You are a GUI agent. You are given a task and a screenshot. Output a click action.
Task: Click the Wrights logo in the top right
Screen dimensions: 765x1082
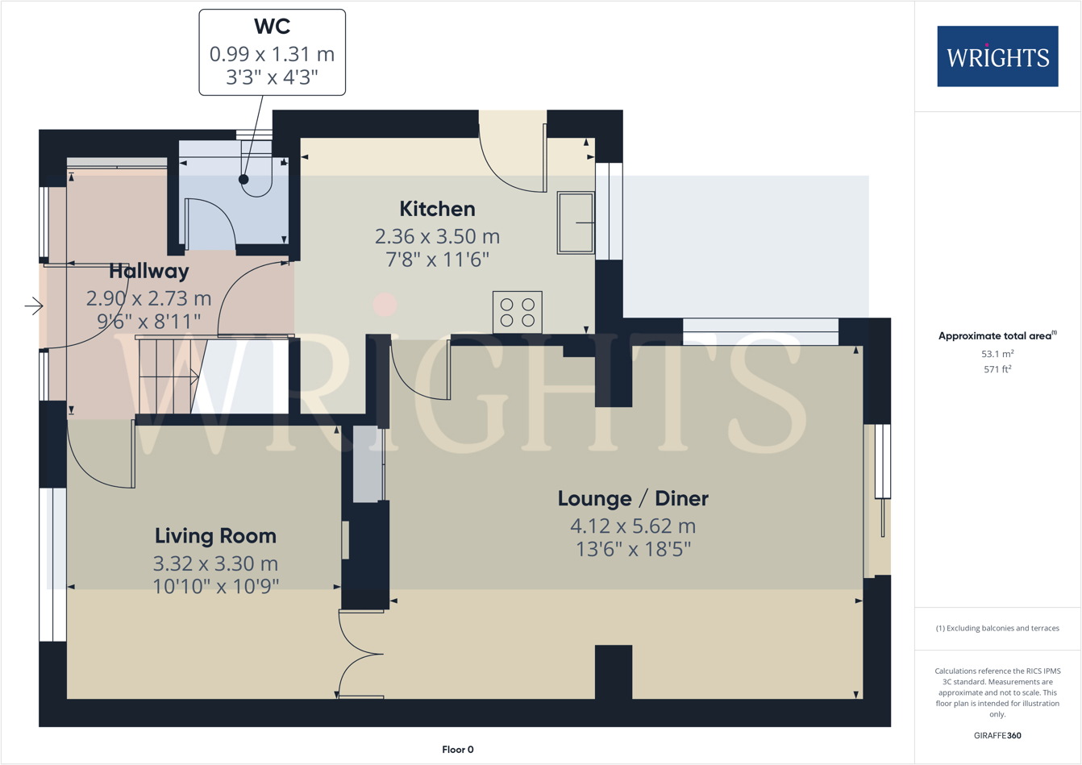(x=997, y=56)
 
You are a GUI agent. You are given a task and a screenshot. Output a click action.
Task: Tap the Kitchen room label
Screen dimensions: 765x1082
(x=437, y=209)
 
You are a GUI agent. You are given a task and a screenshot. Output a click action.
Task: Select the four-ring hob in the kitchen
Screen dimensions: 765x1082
(x=517, y=313)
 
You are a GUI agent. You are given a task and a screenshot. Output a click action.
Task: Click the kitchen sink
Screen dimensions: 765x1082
(x=576, y=222)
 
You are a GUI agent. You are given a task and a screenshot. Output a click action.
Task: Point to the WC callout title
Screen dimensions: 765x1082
(x=272, y=27)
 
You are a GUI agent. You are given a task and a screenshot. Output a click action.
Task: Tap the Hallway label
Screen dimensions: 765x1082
(x=149, y=271)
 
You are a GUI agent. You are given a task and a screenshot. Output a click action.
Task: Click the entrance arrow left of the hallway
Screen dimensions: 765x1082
(x=34, y=306)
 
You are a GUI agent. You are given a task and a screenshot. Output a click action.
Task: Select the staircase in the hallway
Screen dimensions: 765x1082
(x=168, y=376)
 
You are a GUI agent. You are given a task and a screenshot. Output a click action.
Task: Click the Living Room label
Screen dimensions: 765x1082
(x=215, y=536)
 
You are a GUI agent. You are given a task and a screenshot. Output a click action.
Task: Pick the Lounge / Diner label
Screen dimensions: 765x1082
(x=633, y=498)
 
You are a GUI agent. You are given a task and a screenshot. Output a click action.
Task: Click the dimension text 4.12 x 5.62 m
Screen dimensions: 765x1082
(x=633, y=526)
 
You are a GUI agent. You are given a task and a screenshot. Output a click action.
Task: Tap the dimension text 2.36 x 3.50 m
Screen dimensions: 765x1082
(x=437, y=237)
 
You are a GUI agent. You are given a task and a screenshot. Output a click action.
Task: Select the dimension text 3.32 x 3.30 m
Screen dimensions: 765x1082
(x=215, y=563)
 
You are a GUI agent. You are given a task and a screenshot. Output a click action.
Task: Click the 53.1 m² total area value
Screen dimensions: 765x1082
(x=997, y=353)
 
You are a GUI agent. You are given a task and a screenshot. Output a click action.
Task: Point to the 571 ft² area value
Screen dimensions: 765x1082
(x=997, y=369)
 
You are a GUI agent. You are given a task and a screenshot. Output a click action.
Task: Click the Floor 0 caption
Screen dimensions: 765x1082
(x=458, y=750)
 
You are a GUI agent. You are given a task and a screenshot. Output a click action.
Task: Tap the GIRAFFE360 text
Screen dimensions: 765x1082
(x=997, y=735)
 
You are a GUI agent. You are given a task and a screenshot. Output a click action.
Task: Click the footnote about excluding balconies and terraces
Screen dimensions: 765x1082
(x=997, y=628)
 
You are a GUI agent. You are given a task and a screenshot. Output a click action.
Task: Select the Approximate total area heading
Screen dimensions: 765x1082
(x=997, y=336)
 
